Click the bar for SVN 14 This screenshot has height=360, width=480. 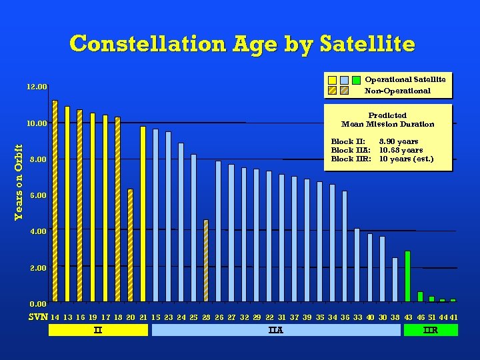[55, 200]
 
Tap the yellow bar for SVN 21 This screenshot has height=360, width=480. [143, 213]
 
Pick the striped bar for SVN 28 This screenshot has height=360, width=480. [206, 260]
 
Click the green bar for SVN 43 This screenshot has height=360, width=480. [407, 276]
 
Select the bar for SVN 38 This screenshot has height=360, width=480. [395, 279]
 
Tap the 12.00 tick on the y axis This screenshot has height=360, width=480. [37, 87]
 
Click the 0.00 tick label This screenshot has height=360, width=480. [37, 304]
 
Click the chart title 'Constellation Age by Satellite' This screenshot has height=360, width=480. [242, 44]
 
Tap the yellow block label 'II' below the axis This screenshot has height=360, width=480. [98, 330]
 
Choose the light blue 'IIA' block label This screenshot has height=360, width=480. [275, 330]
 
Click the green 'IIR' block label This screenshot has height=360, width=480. [431, 330]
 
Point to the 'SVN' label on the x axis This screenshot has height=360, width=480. [37, 317]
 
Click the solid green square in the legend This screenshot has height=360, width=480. [357, 80]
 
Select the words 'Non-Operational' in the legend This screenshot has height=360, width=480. [397, 91]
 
